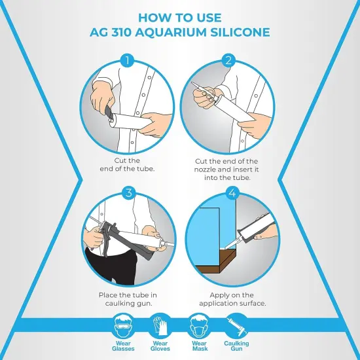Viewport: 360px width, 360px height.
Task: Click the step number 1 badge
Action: pos(128,61)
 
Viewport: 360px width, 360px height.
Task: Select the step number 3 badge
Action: pos(128,192)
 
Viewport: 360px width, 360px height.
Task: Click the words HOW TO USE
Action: pos(179,17)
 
